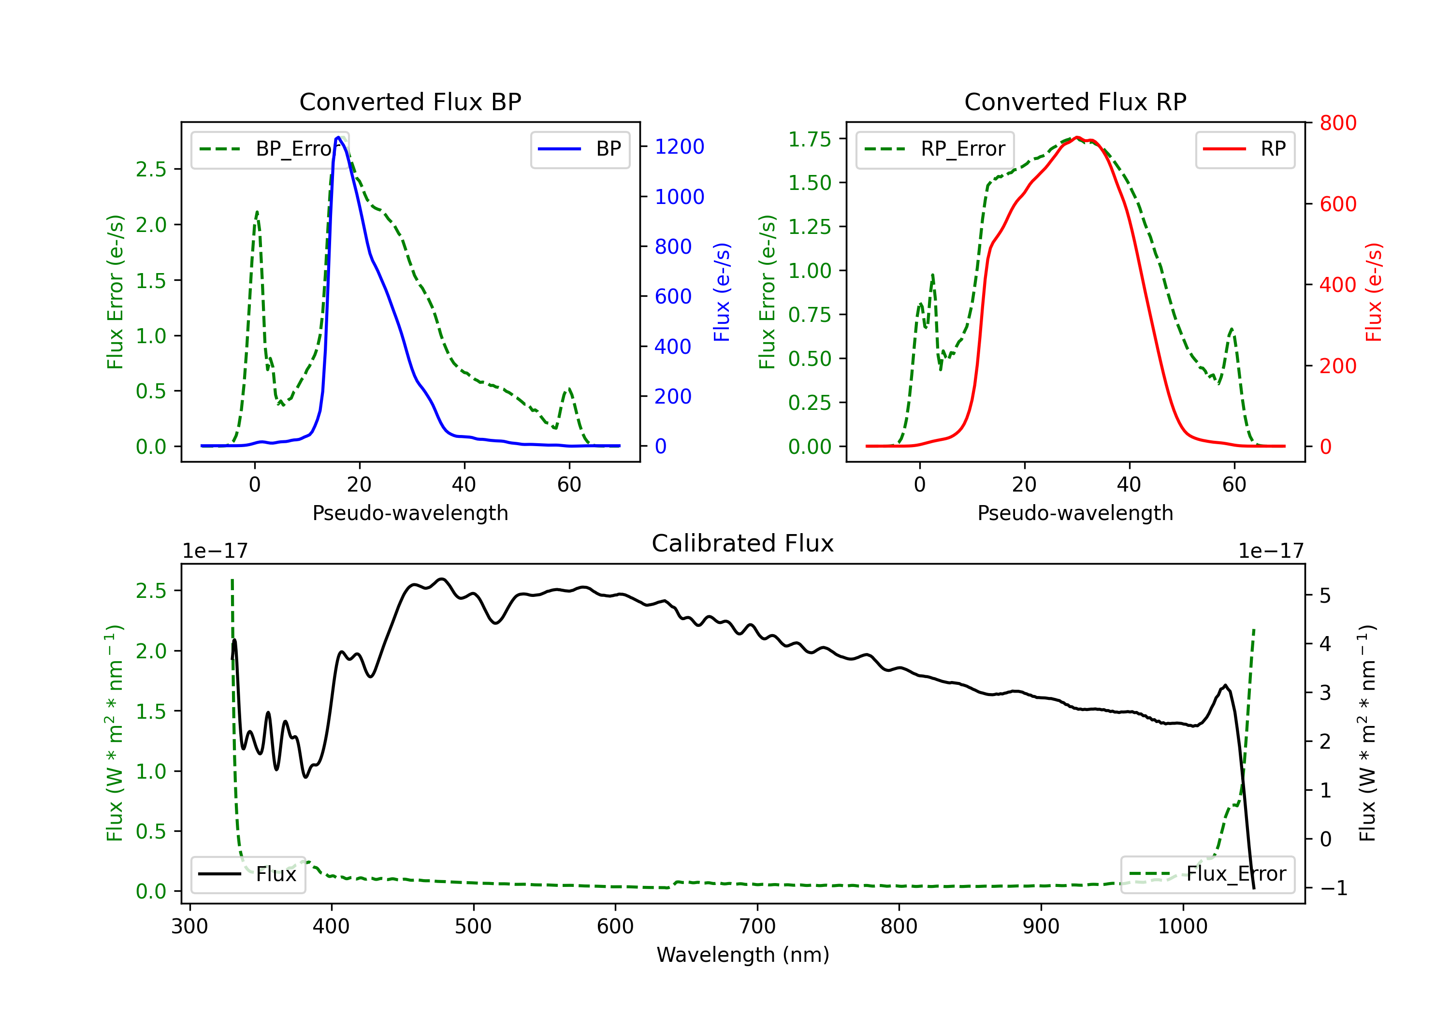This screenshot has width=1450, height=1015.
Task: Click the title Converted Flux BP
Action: tap(410, 101)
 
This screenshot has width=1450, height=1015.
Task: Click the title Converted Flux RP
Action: tap(1075, 101)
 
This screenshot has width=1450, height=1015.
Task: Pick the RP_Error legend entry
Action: tap(935, 149)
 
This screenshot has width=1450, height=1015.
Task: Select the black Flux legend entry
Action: tap(248, 874)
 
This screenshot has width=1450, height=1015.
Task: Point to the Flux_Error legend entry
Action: tap(1207, 874)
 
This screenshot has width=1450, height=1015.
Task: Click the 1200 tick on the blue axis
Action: tap(679, 146)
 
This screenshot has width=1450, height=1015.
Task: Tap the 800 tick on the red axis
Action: tap(1337, 123)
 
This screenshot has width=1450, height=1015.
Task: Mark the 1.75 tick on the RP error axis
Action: tap(809, 139)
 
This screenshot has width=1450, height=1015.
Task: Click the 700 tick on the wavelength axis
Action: tap(757, 927)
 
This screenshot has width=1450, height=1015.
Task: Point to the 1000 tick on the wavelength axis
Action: tap(1182, 927)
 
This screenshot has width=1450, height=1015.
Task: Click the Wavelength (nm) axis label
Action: tap(743, 955)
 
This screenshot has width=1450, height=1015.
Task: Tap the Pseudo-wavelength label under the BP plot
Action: tap(410, 513)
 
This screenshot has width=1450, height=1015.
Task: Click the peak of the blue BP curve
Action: tap(338, 137)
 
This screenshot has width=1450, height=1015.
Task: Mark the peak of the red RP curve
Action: tap(1077, 137)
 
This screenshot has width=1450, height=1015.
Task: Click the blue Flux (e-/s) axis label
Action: tap(722, 292)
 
